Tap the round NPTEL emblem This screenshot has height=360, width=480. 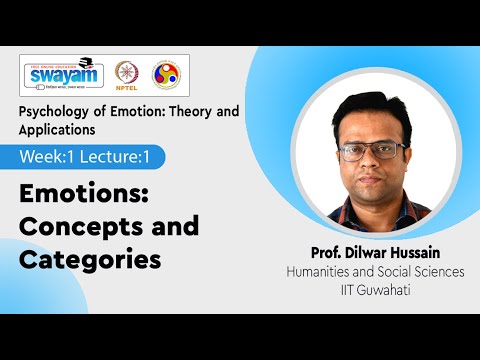coord(126,76)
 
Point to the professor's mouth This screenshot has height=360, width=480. coord(374,181)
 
